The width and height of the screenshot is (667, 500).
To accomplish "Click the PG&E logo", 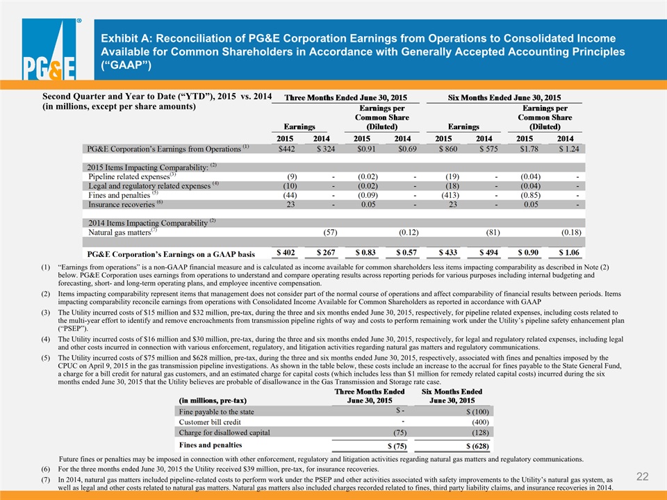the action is tap(49, 49).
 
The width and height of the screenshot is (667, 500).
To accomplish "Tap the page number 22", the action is tap(642, 476).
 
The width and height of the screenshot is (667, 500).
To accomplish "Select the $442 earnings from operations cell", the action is tap(286, 149).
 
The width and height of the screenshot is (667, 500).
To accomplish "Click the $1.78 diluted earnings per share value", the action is tap(529, 149).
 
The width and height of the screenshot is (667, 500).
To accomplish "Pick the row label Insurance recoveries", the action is tap(122, 204).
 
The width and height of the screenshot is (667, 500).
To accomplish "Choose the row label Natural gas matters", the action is tap(120, 233).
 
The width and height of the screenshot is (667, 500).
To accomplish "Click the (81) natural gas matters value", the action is tap(493, 232).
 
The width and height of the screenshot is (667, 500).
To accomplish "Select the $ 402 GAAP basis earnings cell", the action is tap(286, 253).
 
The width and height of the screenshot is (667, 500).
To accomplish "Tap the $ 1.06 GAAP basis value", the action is tap(569, 253).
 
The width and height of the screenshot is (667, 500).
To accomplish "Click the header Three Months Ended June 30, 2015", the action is tap(345, 98).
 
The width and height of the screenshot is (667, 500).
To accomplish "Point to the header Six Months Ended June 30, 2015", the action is tap(504, 98).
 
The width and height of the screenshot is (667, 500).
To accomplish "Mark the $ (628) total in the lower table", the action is tap(478, 446).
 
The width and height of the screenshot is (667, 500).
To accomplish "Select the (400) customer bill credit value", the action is tap(480, 422).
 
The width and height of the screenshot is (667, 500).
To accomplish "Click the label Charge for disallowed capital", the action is tap(224, 433).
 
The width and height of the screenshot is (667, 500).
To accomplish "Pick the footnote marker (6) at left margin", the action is tap(46, 469).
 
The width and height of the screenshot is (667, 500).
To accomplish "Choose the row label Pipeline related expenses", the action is tap(129, 176).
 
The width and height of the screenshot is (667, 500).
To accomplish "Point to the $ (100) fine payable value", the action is tap(478, 412).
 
